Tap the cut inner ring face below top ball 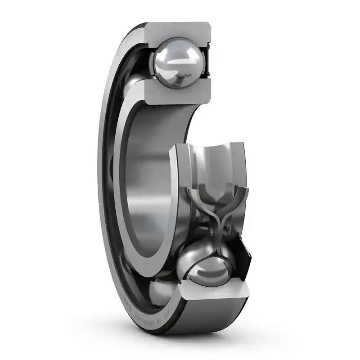click(178, 92)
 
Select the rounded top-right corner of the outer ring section click(207, 25)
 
